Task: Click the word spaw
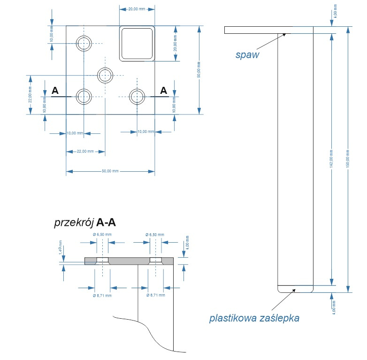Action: tap(247, 54)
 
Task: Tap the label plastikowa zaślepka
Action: tap(254, 319)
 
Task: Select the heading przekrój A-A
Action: tap(85, 223)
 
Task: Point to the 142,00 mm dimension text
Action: tap(331, 159)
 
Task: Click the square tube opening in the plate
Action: tap(137, 43)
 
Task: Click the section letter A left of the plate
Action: tap(55, 91)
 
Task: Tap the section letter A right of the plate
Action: tap(163, 91)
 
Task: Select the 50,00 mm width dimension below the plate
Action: tap(110, 171)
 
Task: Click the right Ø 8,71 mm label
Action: tap(155, 296)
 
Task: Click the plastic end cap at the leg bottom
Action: tap(296, 289)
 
